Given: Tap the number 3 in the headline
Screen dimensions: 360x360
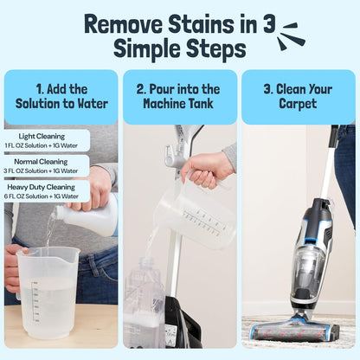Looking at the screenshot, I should [x=269, y=22].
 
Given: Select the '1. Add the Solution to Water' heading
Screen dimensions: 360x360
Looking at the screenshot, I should [x=61, y=96].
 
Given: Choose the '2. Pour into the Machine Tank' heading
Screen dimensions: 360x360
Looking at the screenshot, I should [x=178, y=96].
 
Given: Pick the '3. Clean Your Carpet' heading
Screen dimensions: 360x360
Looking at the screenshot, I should [x=299, y=96].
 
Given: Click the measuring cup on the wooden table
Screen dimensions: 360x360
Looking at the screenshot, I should [x=48, y=290].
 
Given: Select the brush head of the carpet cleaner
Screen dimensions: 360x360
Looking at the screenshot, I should [x=294, y=331].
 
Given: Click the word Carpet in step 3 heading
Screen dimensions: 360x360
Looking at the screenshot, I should [x=299, y=105].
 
